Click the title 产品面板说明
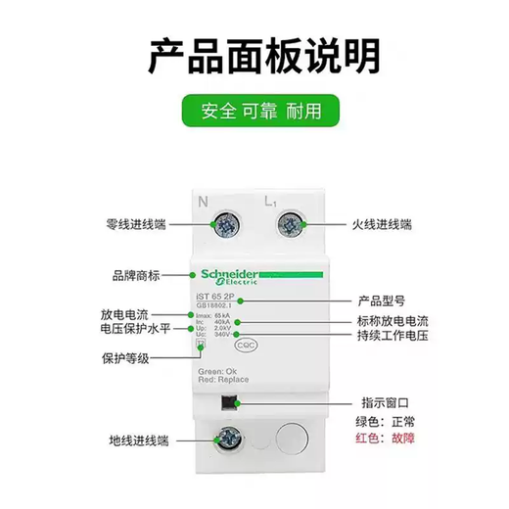click(254, 57)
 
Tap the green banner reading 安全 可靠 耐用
click(254, 111)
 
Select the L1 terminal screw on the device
click(290, 225)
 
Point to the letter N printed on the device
click(205, 203)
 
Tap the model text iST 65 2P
click(221, 301)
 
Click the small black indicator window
click(230, 403)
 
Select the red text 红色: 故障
click(389, 438)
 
